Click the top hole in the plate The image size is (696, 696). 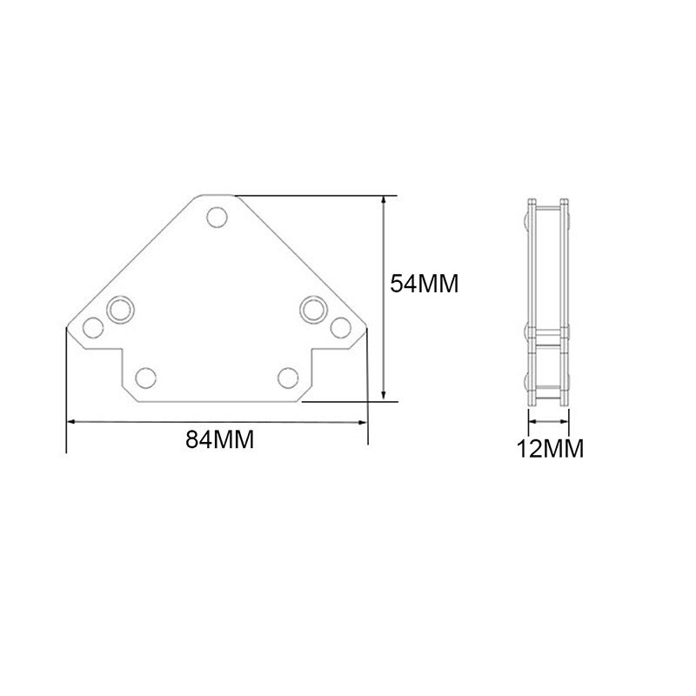(216, 216)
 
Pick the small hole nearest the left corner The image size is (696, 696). (91, 328)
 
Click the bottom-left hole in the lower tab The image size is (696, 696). (147, 377)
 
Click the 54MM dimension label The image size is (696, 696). (424, 284)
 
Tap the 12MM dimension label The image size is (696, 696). (551, 449)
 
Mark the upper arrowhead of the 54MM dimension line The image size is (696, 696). (385, 199)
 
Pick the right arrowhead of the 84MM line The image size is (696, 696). (364, 423)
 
